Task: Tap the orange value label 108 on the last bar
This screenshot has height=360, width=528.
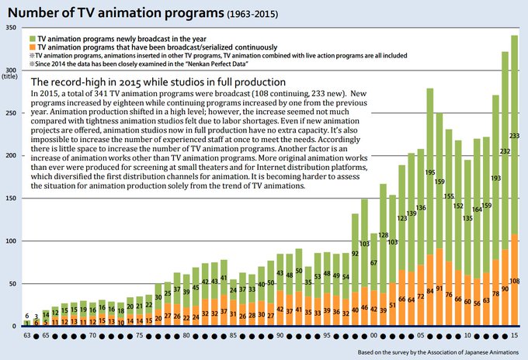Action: click(x=514, y=281)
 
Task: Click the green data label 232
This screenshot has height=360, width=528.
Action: click(x=505, y=151)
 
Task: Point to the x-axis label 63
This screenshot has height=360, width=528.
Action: click(x=26, y=335)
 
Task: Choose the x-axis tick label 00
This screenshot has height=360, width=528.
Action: click(x=373, y=335)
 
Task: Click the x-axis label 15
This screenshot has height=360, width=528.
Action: click(x=514, y=335)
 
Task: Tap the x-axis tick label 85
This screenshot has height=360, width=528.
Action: click(x=233, y=335)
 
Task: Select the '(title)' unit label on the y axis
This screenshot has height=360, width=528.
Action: click(x=10, y=76)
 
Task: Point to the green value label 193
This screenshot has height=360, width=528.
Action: click(x=495, y=178)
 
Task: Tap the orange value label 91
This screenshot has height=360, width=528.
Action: click(x=439, y=288)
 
